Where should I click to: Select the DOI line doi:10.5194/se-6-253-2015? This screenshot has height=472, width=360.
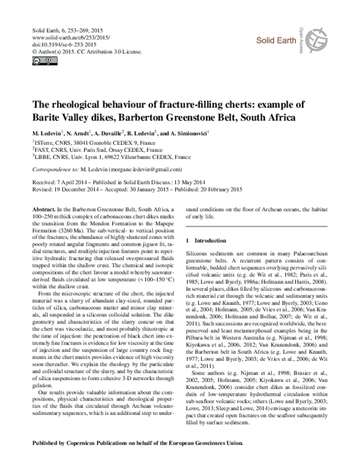55,45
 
